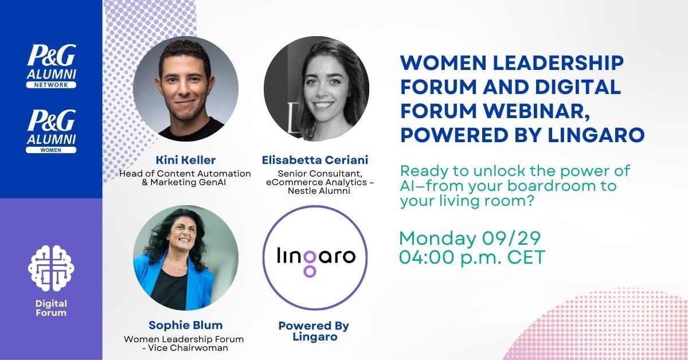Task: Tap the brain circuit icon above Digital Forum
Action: click(x=52, y=268)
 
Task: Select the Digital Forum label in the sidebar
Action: click(x=52, y=308)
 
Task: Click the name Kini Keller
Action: click(x=185, y=159)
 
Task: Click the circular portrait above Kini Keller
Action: click(x=185, y=89)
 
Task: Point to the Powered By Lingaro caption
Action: click(x=314, y=331)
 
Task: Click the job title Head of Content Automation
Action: click(x=185, y=173)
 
